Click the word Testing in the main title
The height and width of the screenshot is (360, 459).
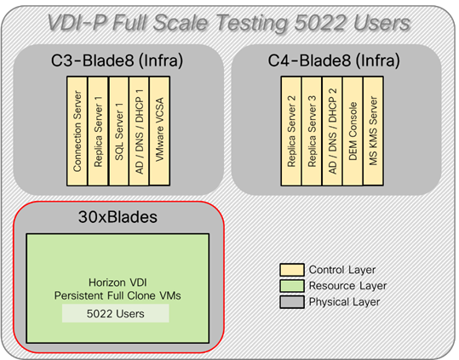pos(269,22)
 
